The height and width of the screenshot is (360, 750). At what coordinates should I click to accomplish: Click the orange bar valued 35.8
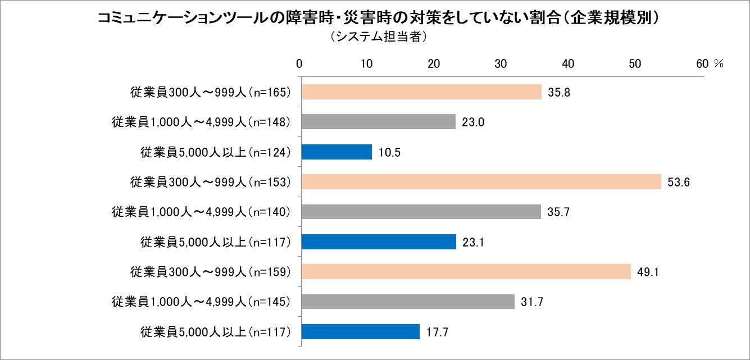coord(421,92)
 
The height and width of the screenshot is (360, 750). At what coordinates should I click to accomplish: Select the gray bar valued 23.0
coord(379,122)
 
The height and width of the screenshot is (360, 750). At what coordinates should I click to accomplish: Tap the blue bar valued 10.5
coord(337,152)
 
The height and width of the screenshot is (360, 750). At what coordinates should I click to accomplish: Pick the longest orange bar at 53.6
coord(481,181)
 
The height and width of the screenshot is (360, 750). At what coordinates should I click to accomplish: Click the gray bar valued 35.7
coord(421,212)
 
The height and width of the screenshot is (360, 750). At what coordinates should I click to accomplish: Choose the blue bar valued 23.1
coord(379,241)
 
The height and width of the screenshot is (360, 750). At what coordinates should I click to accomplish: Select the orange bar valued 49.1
coord(466,272)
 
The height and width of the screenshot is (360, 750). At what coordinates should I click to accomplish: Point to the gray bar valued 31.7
coord(408,302)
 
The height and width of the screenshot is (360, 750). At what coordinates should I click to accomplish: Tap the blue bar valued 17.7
coord(361,332)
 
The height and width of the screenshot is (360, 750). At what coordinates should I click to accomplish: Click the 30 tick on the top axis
coord(501,63)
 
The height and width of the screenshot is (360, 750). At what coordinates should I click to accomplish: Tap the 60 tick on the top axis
coord(702,63)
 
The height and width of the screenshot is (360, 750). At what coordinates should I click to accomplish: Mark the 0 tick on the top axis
coord(300,63)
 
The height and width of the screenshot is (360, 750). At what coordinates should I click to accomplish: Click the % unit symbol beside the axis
coord(719,63)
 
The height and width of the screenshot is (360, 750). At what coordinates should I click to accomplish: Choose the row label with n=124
coord(216,152)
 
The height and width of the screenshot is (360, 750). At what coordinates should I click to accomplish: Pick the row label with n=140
coord(201,212)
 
